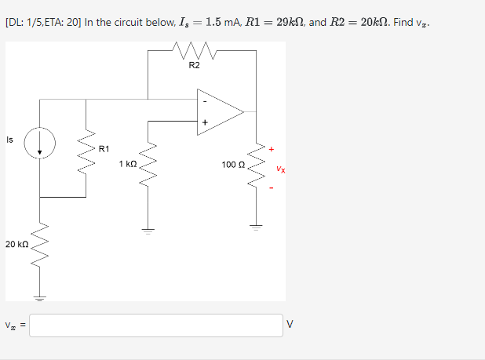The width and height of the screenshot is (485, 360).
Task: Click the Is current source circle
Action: (39, 144)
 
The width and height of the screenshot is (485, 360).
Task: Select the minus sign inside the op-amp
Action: (205, 100)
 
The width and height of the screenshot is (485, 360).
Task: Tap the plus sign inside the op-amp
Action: (205, 122)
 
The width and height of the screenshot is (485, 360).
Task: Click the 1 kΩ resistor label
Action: (128, 164)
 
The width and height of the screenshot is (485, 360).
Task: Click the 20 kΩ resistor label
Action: (16, 245)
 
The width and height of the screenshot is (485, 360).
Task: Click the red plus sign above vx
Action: (272, 148)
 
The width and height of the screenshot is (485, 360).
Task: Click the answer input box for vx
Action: (156, 325)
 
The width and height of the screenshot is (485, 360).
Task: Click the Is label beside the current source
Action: (9, 140)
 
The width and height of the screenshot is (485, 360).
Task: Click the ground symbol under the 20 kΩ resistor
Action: (39, 297)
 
